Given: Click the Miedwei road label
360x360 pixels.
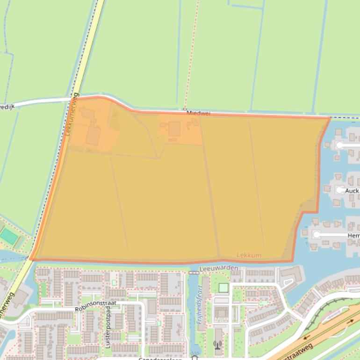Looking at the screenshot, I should pos(198,113).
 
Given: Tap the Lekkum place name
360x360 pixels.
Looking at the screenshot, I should pos(249,255).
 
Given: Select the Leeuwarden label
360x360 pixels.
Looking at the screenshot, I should pos(218,268).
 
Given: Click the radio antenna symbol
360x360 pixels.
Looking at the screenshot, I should pos(217,345).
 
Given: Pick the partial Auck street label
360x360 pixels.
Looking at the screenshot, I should pos(352,191).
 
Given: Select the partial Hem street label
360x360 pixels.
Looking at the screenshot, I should pos(353,236).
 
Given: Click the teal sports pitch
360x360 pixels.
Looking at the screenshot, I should pos(9,237).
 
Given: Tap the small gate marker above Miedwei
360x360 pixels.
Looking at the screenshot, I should pos(185,109).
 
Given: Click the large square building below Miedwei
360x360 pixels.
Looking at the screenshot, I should pos(175,128).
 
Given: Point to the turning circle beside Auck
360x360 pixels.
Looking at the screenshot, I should pos(340,190).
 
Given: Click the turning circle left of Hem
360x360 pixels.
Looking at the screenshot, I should pos(317,235).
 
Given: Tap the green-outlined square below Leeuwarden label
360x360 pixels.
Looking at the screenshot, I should pos(223,288).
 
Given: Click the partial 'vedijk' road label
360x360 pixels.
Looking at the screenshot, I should pos(7,107).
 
